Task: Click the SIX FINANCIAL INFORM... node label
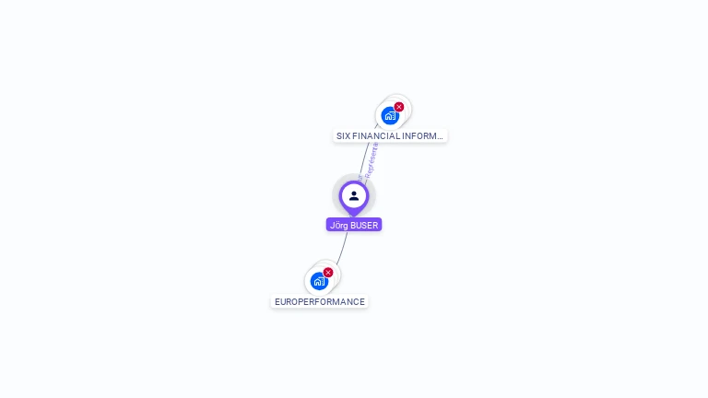tap(390, 135)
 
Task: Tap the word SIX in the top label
tap(343, 135)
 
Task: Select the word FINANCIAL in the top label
tap(375, 135)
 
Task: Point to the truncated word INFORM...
tap(419, 135)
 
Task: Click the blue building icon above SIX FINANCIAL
tap(390, 116)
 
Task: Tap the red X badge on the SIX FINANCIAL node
tap(399, 107)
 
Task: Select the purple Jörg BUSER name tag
tap(354, 225)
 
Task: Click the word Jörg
tap(338, 225)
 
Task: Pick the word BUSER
tap(364, 225)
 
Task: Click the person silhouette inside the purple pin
tap(354, 195)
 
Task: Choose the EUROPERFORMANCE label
tap(320, 301)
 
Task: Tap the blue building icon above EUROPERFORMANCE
tap(319, 281)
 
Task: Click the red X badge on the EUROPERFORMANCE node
tap(328, 272)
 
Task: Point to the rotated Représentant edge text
tap(372, 158)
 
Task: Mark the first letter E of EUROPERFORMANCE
tap(277, 301)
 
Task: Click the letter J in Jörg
tap(332, 225)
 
